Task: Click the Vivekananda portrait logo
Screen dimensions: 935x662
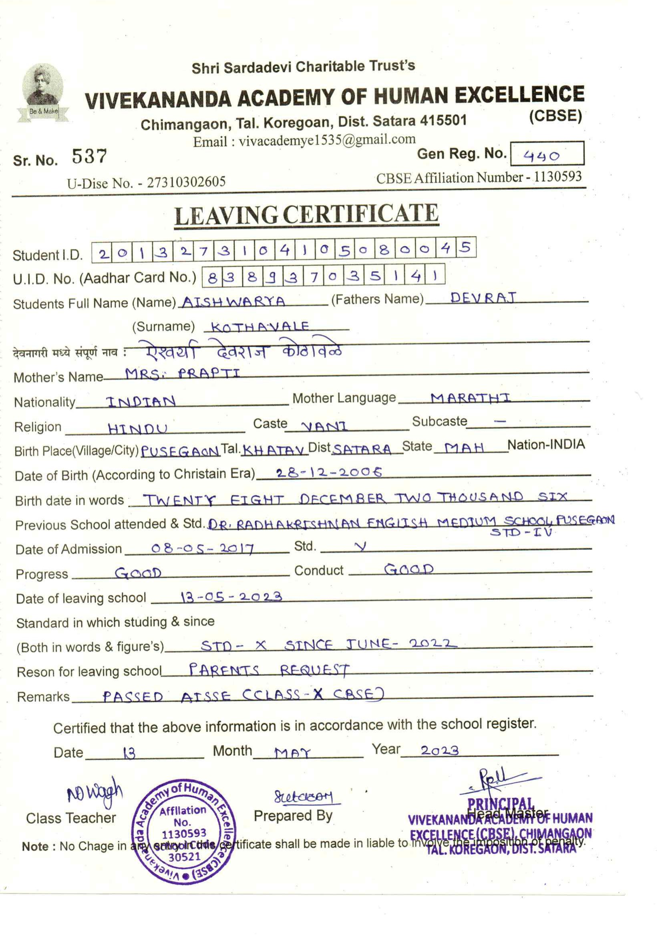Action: (42, 92)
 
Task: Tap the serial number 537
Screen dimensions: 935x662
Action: (89, 156)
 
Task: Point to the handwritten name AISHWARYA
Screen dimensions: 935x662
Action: (233, 302)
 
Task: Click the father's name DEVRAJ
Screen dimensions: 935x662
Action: (483, 298)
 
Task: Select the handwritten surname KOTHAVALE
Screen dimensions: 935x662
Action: (260, 326)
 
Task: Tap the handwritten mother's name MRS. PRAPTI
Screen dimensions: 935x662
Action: (182, 373)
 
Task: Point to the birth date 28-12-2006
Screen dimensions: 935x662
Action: (329, 473)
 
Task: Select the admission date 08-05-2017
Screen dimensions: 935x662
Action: (203, 549)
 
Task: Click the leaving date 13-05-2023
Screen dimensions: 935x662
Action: (231, 597)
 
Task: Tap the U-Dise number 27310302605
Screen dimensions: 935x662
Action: (186, 182)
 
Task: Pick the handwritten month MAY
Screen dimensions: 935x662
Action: (292, 753)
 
